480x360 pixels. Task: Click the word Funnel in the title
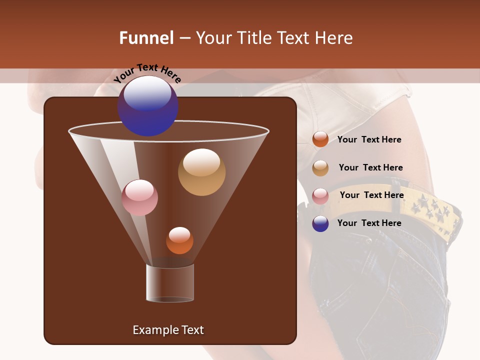click(146, 38)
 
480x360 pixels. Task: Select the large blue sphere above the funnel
click(147, 105)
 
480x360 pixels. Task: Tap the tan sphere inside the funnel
click(201, 172)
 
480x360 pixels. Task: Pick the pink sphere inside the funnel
click(139, 197)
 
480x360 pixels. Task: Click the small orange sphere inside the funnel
click(179, 240)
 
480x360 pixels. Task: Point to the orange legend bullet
click(320, 139)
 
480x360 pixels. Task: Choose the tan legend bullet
click(320, 168)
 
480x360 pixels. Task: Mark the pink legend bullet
click(320, 196)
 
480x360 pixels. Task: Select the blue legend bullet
click(320, 223)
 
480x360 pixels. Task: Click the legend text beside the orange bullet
click(369, 139)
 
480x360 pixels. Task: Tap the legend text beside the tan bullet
click(370, 167)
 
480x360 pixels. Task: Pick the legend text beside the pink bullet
click(371, 195)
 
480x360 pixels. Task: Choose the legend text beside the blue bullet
click(369, 223)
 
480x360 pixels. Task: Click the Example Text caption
click(168, 330)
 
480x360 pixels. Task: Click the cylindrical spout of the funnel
click(170, 283)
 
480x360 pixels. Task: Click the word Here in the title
click(333, 38)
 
